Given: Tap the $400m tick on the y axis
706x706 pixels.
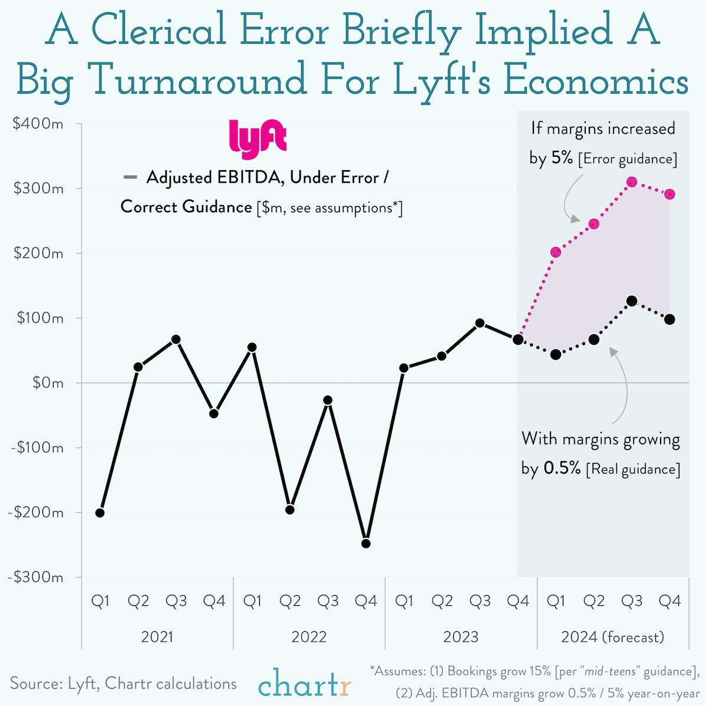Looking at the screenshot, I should [38, 124].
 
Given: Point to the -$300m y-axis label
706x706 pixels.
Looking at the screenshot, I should [35, 577].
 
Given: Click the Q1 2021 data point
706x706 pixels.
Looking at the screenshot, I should [100, 513].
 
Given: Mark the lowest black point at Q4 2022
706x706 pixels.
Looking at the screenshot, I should [365, 543].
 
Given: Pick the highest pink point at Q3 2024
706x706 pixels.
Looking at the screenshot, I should [632, 182].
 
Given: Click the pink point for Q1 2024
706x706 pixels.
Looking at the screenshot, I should [556, 252].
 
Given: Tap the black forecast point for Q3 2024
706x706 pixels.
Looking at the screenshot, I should [632, 301].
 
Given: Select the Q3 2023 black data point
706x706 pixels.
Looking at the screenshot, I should [480, 323].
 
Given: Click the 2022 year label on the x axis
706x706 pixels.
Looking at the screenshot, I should [309, 637].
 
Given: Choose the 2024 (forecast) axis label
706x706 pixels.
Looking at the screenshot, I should [612, 637].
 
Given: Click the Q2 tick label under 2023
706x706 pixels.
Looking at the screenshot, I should [441, 601].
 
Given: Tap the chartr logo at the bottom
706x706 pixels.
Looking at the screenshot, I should [304, 686].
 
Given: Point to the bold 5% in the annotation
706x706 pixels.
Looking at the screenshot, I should [562, 158].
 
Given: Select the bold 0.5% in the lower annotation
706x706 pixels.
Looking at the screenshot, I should [562, 469].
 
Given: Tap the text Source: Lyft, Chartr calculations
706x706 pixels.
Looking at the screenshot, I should [123, 684].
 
